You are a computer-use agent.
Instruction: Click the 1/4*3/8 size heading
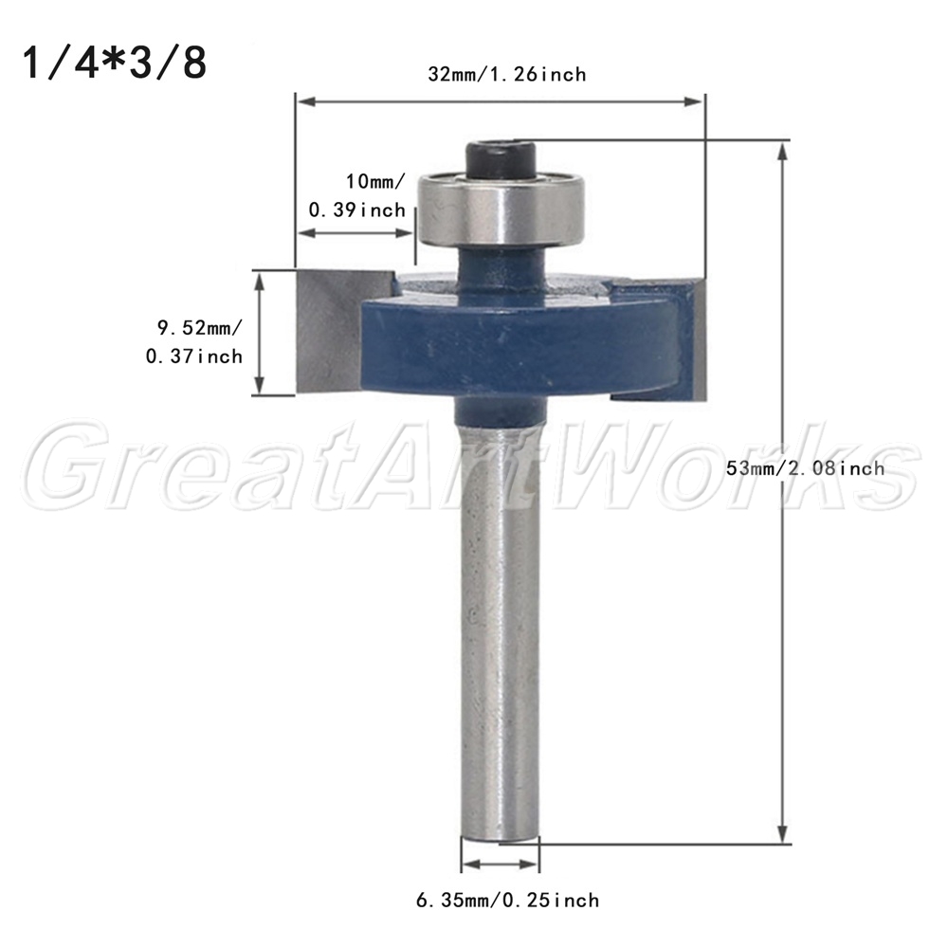coord(115,64)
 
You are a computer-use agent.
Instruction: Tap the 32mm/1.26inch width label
coord(507,74)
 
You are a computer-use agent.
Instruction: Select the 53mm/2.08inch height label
coord(805,468)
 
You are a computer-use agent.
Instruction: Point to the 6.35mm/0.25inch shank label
coord(507,901)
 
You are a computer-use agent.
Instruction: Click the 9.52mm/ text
coord(199,328)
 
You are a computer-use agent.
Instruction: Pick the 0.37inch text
coord(194,356)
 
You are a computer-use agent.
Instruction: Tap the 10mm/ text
coord(375,181)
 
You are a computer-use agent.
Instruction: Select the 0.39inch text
coord(357,210)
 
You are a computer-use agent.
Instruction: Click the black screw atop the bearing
coord(501,159)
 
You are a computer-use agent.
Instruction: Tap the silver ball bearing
coord(501,210)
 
